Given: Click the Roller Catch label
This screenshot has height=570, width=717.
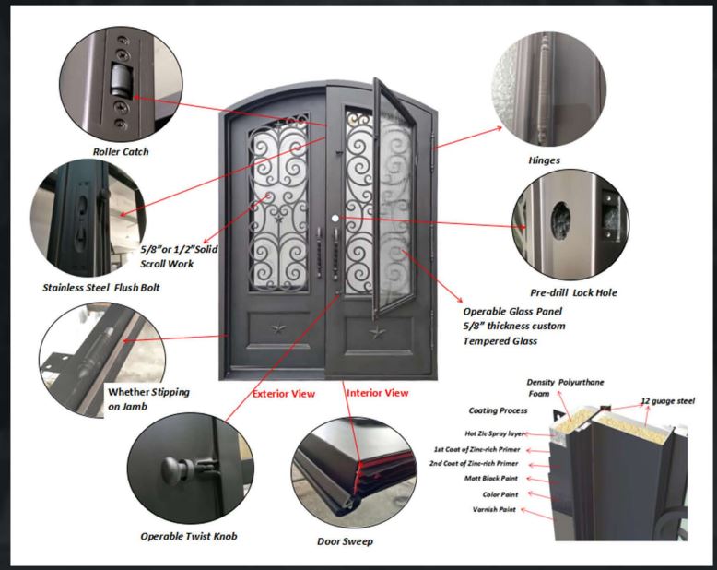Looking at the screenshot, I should click(x=120, y=151).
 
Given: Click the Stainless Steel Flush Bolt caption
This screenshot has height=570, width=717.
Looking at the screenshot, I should click(x=101, y=288).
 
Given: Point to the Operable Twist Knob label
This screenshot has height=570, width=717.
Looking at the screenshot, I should click(x=189, y=536).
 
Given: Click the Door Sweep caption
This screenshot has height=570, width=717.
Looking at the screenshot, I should click(x=345, y=541).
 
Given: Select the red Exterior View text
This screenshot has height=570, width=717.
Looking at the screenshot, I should click(x=284, y=394).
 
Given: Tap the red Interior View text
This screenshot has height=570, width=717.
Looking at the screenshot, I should click(x=377, y=393).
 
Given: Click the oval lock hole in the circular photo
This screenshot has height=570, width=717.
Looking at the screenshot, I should click(x=560, y=219).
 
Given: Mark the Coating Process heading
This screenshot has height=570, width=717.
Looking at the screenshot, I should click(x=497, y=411).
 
